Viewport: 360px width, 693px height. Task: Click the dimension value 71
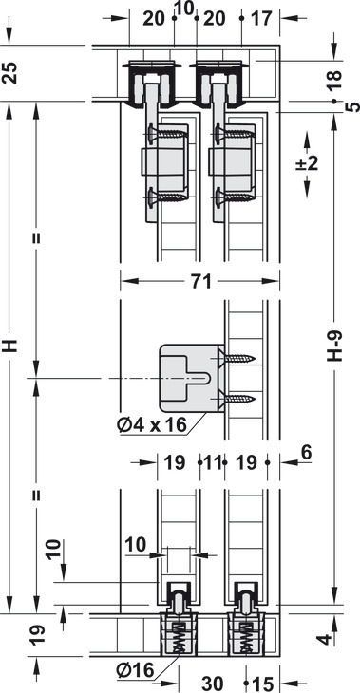pos(200,281)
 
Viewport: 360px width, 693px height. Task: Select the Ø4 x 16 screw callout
pos(152,425)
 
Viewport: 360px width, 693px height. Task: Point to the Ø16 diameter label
pos(136,671)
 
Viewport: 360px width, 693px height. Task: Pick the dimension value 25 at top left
pos(11,73)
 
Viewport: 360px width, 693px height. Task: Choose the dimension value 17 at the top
pos(261,19)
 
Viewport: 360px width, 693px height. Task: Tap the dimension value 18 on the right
pos(334,80)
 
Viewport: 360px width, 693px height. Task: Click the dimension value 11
pos(212,462)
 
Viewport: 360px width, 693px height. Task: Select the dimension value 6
pos(307,452)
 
